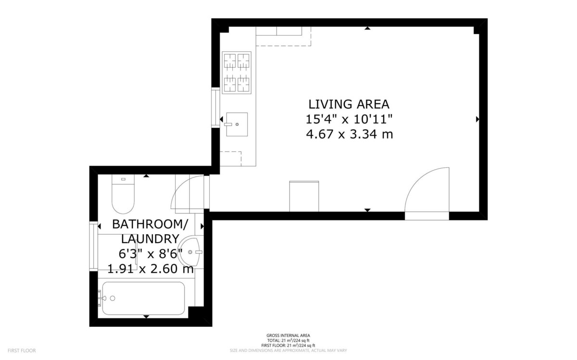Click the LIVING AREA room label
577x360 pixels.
coord(349,104)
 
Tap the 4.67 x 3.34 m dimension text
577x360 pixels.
coord(350,134)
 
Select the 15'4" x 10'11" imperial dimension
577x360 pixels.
coord(349,119)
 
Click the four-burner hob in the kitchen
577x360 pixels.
coord(237,73)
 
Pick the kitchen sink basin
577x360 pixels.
coord(237,124)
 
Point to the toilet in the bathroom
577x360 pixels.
coord(123,194)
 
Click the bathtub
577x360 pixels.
coord(143,298)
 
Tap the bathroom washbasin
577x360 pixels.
coord(190,252)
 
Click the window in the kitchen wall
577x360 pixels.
coord(215,107)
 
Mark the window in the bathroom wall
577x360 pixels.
coord(93,246)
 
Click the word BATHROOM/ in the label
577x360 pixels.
coord(150,224)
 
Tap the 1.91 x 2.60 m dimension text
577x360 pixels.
coord(151,269)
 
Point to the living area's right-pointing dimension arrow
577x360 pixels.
coord(477,119)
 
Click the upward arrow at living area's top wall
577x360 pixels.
coord(367,28)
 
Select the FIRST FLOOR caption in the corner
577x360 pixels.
coord(22,350)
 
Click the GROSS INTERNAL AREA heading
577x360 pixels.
coord(288,335)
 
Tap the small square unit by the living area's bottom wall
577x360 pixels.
coord(304,196)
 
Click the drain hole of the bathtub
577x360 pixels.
coord(113,298)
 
